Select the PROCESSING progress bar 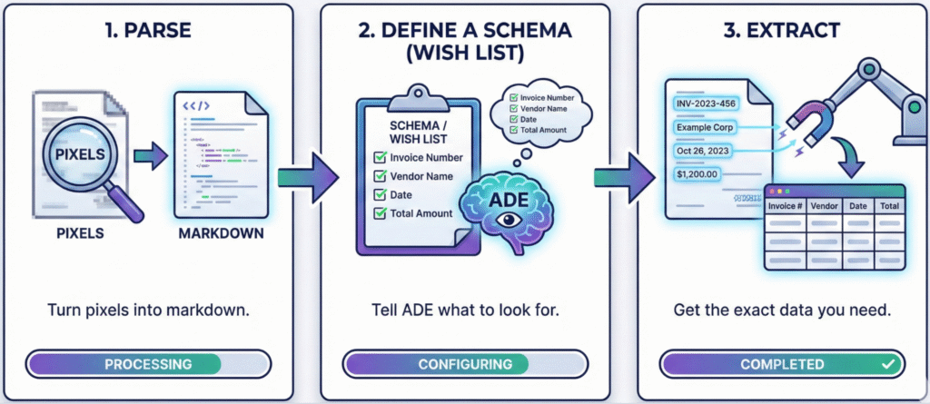pos(148,364)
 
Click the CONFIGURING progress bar pos(465,364)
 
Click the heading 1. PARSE pos(147,29)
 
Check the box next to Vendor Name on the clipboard pos(380,176)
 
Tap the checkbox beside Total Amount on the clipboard pos(380,214)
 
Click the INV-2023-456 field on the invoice pos(711,103)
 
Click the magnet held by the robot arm pos(807,122)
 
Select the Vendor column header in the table pos(823,207)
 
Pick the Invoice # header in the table pos(785,207)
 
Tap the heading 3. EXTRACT pos(782,29)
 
